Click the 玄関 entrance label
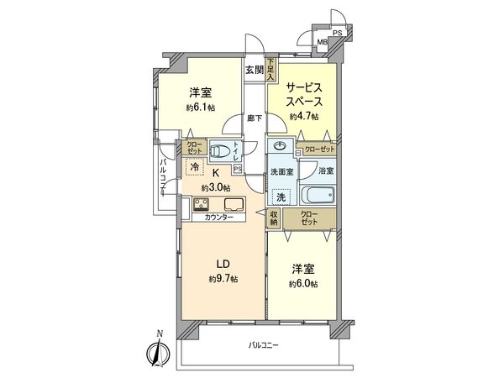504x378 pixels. click(255, 70)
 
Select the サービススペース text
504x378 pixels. click(303, 92)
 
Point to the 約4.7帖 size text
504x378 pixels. click(303, 117)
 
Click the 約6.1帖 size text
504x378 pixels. click(199, 108)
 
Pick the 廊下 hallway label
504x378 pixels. click(255, 118)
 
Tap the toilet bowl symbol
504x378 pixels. click(219, 152)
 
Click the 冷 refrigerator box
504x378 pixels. click(194, 168)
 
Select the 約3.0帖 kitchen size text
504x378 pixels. click(215, 186)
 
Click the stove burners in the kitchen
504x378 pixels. click(202, 205)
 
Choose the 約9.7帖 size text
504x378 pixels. click(223, 277)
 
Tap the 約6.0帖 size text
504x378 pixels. click(303, 283)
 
